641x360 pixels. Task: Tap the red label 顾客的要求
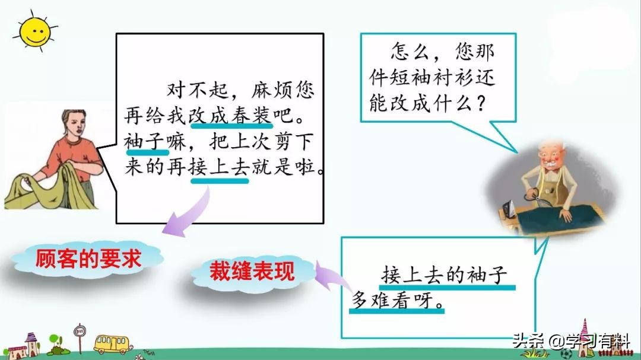pos(88,259)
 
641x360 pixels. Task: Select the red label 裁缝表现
pos(252,270)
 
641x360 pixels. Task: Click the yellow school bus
pos(112,343)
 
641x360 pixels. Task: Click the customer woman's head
pos(74,124)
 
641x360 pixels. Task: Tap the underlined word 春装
pos(252,115)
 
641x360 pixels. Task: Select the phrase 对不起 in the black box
pos(198,90)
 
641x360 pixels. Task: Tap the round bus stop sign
pos(80,330)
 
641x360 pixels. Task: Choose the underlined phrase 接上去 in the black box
pos(219,167)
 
